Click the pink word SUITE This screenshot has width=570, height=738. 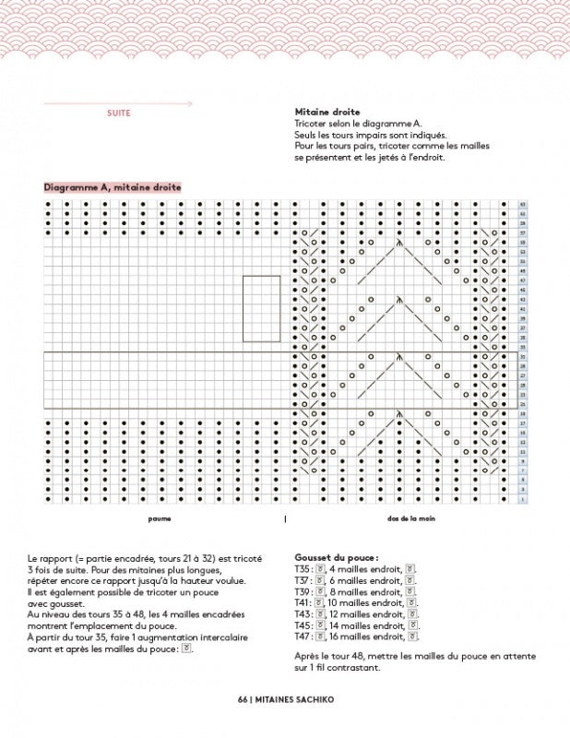pos(119,113)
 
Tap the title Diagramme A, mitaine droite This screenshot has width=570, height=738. pos(113,187)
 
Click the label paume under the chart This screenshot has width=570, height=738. pos(160,518)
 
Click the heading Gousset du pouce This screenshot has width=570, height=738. pos(334,558)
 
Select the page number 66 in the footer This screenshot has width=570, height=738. pos(243,699)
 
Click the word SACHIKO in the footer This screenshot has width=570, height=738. pos(312,699)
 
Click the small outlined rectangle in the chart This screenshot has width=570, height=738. pos(261,308)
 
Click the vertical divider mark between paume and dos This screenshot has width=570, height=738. pos(285,518)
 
